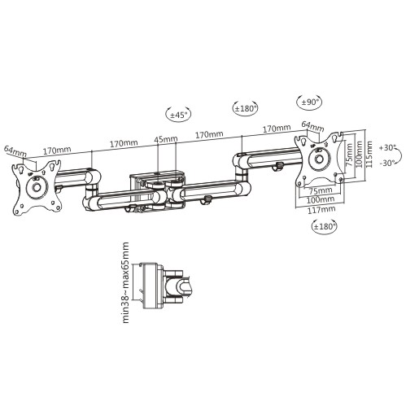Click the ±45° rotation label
point(178,115)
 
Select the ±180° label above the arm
point(246,108)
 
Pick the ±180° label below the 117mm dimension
point(325,225)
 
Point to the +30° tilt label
point(387,148)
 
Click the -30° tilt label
point(387,164)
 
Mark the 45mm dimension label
point(166,139)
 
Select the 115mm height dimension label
point(369,155)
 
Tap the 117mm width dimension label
point(321,210)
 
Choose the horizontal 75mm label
point(321,190)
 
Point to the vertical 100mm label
point(359,154)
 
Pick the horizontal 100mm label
point(321,200)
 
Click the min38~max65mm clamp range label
point(125,282)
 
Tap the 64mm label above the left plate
point(16,151)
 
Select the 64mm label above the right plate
point(312,126)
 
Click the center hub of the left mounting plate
point(36,187)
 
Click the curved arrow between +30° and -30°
point(399,155)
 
